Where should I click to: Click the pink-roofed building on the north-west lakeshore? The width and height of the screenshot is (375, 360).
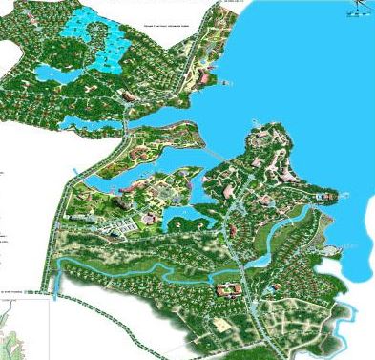coord(203,76)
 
